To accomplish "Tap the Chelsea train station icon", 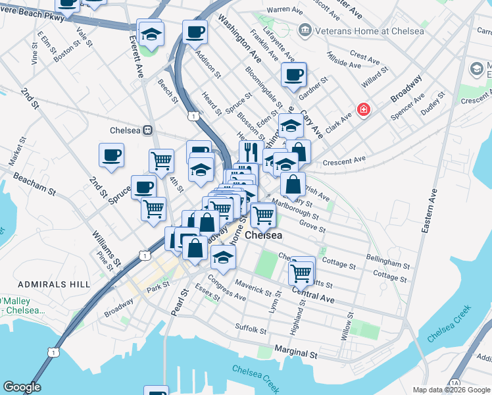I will [x=148, y=130].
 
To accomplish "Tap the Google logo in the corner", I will [x=22, y=387].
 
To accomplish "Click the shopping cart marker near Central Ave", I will [x=302, y=271].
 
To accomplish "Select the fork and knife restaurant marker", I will [x=251, y=153].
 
